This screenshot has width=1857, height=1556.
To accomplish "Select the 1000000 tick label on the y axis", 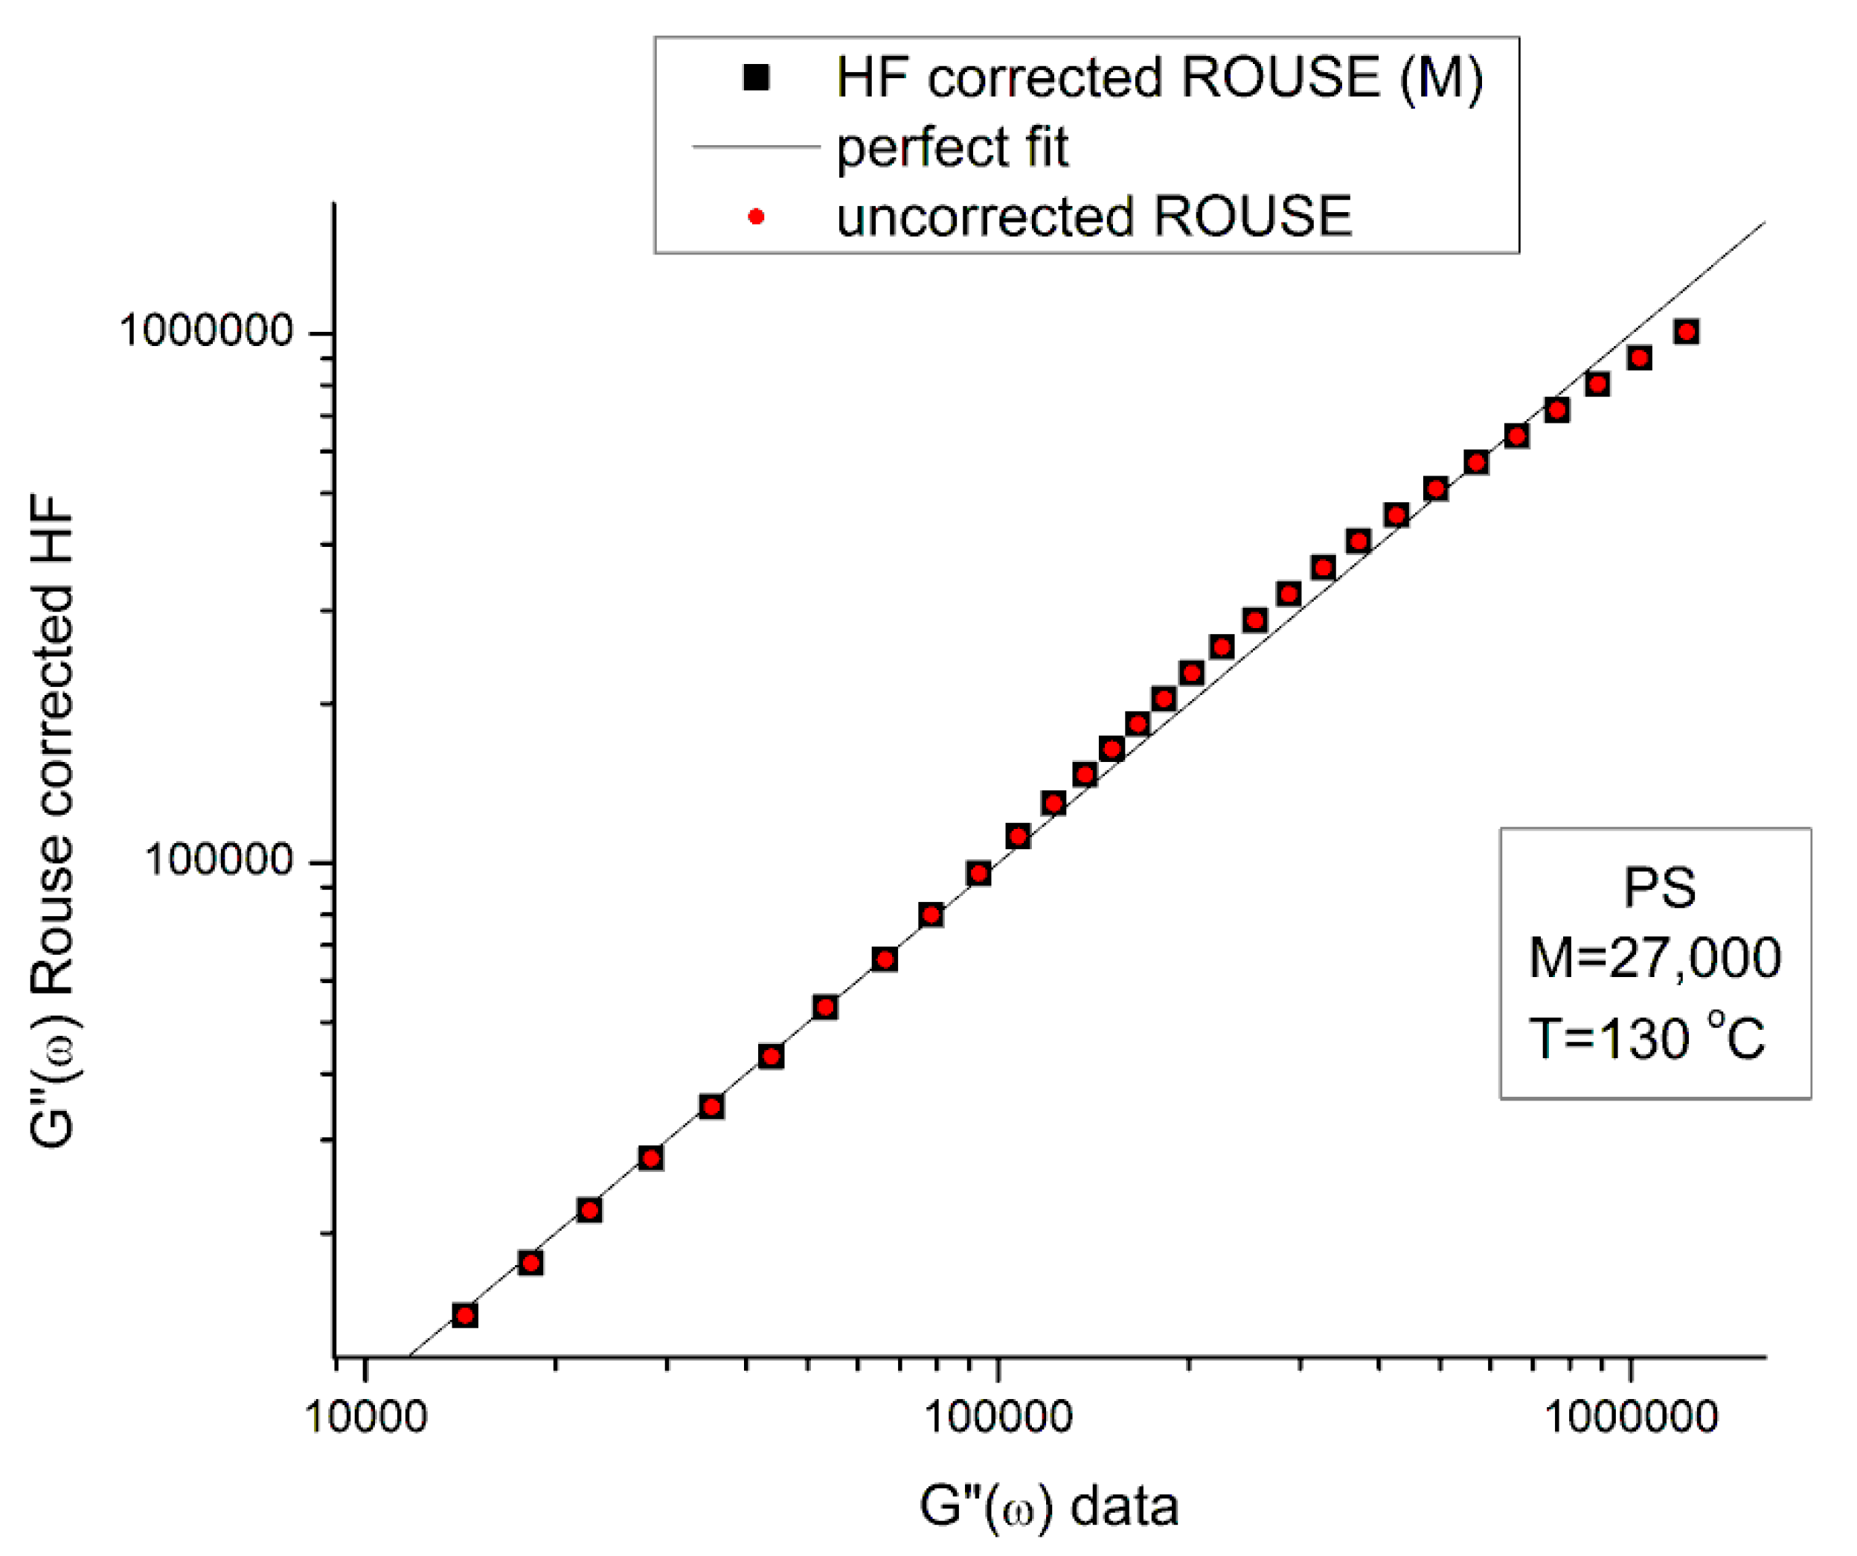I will (x=206, y=331).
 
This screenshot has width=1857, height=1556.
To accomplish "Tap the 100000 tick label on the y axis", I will (x=219, y=859).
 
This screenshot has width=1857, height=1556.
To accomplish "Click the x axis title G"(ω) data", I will (x=1049, y=1506).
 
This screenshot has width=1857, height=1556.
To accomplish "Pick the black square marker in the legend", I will (x=756, y=78).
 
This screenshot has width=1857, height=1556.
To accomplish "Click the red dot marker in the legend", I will (x=756, y=217).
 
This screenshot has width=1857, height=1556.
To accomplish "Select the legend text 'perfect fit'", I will (x=952, y=147).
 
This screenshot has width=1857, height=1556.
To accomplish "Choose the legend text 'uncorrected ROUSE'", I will (x=1094, y=217).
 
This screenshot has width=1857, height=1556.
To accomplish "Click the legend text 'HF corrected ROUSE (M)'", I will (x=1159, y=78).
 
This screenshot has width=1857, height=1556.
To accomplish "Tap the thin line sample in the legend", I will (x=756, y=147).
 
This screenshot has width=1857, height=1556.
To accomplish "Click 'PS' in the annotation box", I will (x=1660, y=887).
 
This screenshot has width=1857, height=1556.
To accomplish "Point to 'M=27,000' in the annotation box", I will (x=1655, y=957).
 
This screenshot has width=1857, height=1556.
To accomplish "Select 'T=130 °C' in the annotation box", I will (x=1646, y=1037).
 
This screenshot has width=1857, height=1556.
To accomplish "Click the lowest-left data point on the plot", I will (x=465, y=1316).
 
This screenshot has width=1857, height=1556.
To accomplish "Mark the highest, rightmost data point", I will (x=1687, y=332).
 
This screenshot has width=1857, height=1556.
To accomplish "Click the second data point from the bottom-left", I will (x=530, y=1262).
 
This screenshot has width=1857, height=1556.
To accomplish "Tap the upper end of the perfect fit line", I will (x=1764, y=223).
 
